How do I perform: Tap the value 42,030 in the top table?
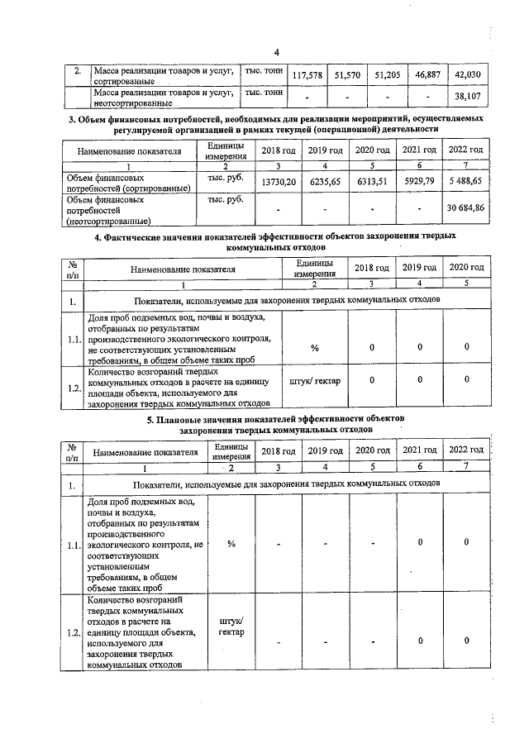click(467, 75)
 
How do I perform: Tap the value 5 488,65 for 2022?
click(465, 181)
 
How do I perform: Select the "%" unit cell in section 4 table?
click(314, 347)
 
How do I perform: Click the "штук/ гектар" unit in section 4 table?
click(316, 381)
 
